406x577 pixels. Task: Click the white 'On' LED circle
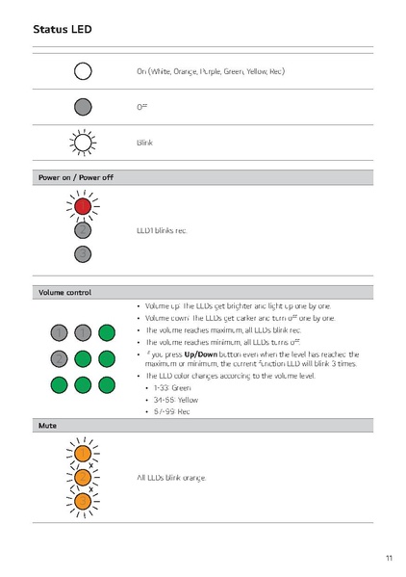[83, 70]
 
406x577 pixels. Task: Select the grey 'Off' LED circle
[83, 106]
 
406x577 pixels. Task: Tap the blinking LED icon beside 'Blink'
[83, 142]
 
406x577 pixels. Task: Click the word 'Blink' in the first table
[145, 143]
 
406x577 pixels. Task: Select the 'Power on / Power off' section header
[75, 177]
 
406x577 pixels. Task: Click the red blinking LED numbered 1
[83, 206]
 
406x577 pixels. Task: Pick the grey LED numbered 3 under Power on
[83, 253]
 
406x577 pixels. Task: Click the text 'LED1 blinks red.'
[162, 231]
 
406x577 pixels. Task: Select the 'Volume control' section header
[65, 292]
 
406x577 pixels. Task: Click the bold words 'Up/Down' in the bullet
[203, 354]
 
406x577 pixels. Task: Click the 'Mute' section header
[46, 425]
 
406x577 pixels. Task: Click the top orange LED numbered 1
[83, 453]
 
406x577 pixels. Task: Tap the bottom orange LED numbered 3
[83, 501]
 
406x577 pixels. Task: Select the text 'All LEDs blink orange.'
[171, 477]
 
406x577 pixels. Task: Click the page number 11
[388, 558]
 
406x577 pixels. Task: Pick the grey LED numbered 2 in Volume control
[60, 358]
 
